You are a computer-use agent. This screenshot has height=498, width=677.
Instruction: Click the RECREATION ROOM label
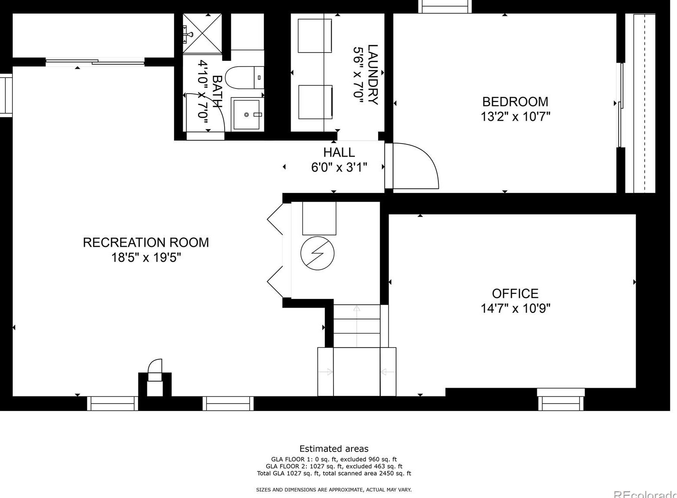click(x=146, y=242)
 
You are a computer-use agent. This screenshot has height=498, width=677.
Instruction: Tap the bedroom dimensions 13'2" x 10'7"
click(x=515, y=117)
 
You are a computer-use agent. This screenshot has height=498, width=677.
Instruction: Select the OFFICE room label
click(x=515, y=293)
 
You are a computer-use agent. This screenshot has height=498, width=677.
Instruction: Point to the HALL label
click(x=339, y=152)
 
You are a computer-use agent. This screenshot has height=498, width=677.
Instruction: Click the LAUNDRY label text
click(x=372, y=74)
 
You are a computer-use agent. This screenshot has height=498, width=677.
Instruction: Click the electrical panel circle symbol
click(x=318, y=253)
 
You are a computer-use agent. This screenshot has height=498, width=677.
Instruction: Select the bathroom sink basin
click(x=247, y=115)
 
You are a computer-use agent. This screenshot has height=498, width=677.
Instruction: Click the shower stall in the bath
click(x=202, y=33)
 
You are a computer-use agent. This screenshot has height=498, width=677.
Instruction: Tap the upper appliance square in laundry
click(x=315, y=35)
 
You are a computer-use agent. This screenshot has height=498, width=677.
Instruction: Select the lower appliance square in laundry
click(x=315, y=102)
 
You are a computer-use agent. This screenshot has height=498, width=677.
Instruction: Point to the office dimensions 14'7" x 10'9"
click(x=515, y=309)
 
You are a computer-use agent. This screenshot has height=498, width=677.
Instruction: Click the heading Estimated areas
click(x=333, y=449)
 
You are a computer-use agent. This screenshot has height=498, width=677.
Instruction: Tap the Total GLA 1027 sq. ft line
click(x=333, y=473)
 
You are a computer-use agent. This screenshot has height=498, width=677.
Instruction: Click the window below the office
click(x=561, y=399)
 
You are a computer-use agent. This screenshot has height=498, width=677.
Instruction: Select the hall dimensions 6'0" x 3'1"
click(x=339, y=167)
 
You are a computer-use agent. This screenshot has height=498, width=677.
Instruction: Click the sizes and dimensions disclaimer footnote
click(x=333, y=490)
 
